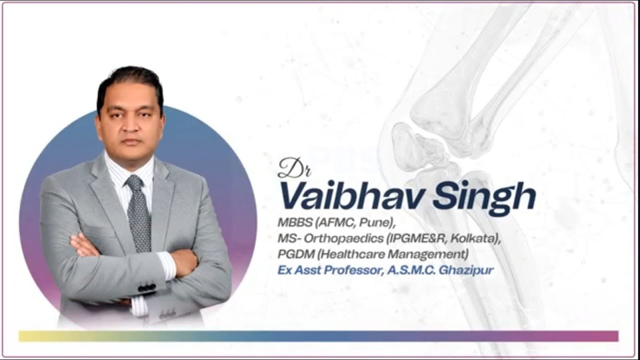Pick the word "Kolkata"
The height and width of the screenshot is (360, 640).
[x=477, y=238]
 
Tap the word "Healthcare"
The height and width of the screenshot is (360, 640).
[x=354, y=254]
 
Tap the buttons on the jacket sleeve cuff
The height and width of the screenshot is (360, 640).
[x=147, y=288]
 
